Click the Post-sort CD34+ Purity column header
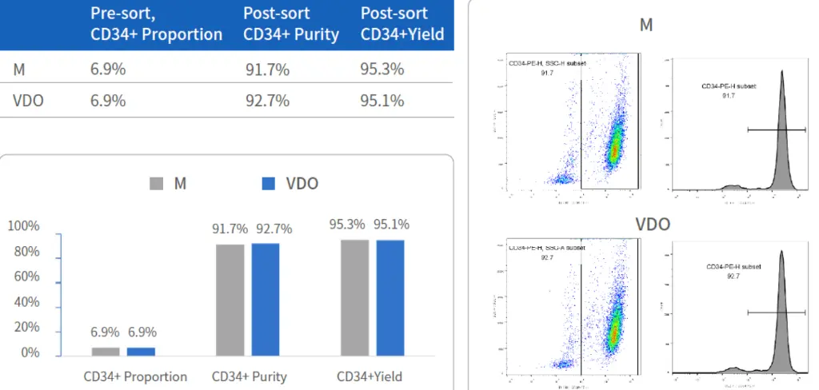click(x=291, y=24)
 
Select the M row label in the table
click(x=19, y=69)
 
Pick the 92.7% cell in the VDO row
click(x=267, y=101)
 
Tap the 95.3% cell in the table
click(x=382, y=69)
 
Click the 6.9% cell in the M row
click(x=108, y=69)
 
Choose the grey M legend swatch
click(x=156, y=184)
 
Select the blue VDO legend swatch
click(x=268, y=184)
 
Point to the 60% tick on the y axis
click(x=23, y=277)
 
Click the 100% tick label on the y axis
click(x=23, y=226)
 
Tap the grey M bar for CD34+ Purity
click(x=230, y=300)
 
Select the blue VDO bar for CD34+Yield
click(x=390, y=297)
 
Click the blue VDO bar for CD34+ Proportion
click(x=141, y=351)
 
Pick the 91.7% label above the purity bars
click(x=230, y=229)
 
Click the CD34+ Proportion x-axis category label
click(x=135, y=376)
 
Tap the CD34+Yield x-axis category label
click(x=370, y=376)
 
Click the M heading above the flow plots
click(x=646, y=25)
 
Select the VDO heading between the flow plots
click(x=653, y=225)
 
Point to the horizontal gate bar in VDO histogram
click(x=775, y=312)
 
